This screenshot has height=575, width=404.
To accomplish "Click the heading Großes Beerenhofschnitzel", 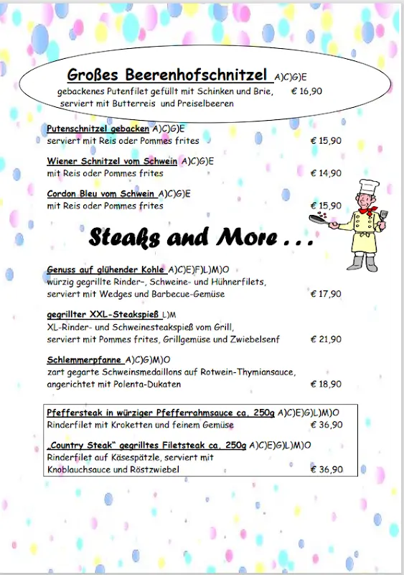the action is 167,75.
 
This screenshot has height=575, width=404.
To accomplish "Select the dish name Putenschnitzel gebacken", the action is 98,129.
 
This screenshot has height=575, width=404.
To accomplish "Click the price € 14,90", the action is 326,173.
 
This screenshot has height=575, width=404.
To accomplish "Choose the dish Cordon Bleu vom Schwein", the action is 101,193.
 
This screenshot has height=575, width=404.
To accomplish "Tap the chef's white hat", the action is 368,187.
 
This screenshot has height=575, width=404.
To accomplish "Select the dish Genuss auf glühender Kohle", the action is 106,270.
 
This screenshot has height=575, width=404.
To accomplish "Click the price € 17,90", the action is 326,294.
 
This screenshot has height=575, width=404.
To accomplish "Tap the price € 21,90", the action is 326,339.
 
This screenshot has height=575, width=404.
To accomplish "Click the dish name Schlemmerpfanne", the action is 85,359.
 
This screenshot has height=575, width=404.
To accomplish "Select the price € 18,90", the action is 326,385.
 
